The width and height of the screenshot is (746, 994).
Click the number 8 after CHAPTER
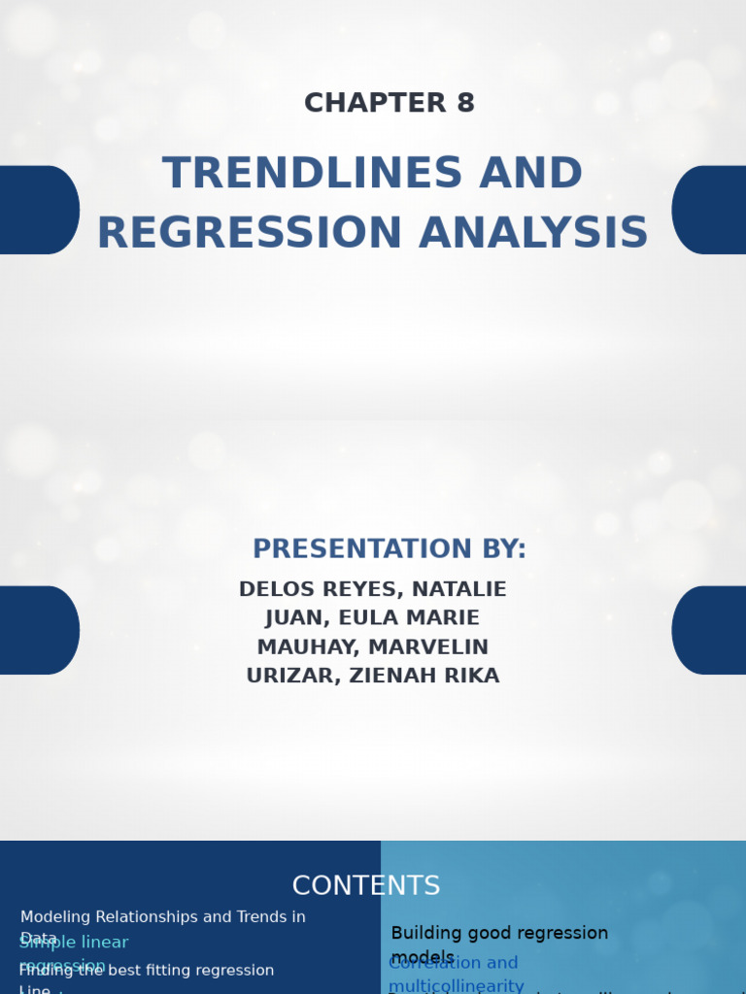click(x=464, y=103)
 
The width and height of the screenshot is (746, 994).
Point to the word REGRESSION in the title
click(x=250, y=234)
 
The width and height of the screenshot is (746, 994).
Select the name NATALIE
click(x=459, y=589)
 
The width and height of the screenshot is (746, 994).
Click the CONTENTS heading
click(x=366, y=885)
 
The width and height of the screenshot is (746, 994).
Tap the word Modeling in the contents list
click(x=56, y=916)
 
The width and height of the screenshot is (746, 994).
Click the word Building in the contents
click(x=426, y=933)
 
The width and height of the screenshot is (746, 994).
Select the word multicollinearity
click(x=456, y=986)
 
